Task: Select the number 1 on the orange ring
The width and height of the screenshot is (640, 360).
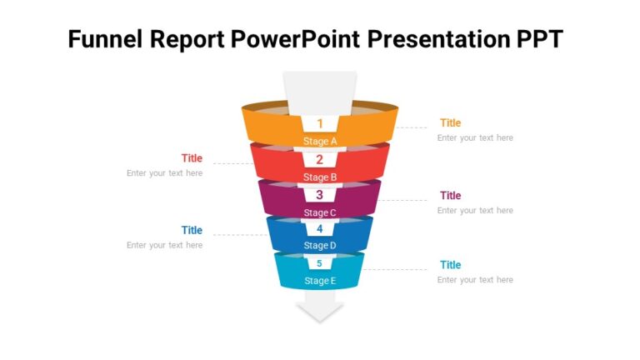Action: (x=320, y=123)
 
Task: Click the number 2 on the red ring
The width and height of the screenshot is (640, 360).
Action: (x=320, y=159)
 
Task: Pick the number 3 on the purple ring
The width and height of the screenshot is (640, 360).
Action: (x=320, y=195)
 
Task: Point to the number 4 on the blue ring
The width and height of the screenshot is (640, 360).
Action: (x=320, y=229)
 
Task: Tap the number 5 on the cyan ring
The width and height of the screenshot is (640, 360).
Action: (x=320, y=264)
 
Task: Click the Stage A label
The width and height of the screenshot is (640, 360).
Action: (x=320, y=141)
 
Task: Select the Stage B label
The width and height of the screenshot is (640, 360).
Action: (x=320, y=177)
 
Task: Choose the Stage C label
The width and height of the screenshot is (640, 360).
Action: (x=320, y=212)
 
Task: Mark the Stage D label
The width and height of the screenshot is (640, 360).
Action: (x=320, y=246)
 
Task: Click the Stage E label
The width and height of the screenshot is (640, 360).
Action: (x=320, y=281)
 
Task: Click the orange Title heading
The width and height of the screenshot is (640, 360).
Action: (x=450, y=123)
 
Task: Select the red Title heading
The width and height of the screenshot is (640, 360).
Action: (x=192, y=158)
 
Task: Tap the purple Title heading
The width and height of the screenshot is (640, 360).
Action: (x=450, y=196)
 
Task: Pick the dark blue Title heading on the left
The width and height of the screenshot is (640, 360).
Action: (x=192, y=230)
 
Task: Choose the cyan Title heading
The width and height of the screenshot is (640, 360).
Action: (x=450, y=265)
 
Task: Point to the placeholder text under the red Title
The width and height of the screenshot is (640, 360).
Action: (x=165, y=173)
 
